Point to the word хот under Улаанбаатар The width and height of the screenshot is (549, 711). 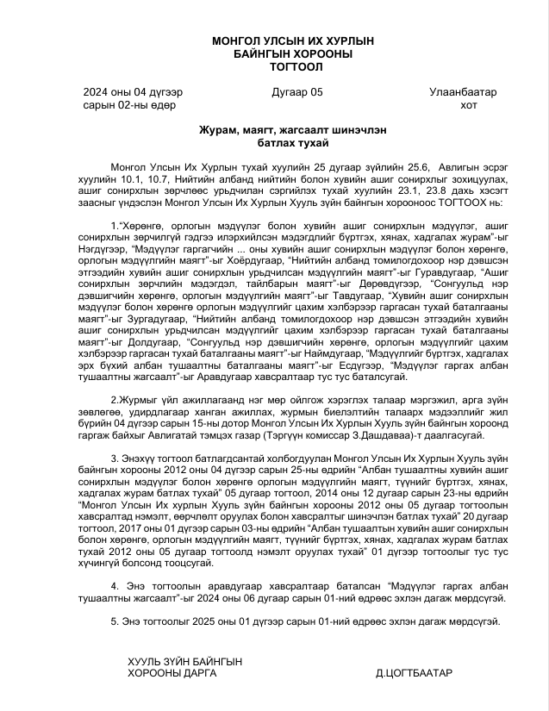pos(468,105)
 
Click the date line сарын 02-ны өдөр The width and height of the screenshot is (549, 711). pos(130,105)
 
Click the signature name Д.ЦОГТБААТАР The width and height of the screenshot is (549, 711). pos(416,673)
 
